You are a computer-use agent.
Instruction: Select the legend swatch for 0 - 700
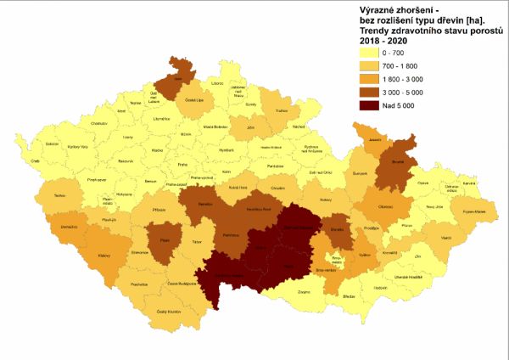tap(366, 53)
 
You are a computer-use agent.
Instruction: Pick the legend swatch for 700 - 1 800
tap(366, 66)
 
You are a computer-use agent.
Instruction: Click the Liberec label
tap(217, 83)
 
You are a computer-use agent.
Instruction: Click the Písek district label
tap(166, 240)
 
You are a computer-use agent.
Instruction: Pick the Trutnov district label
tap(282, 110)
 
